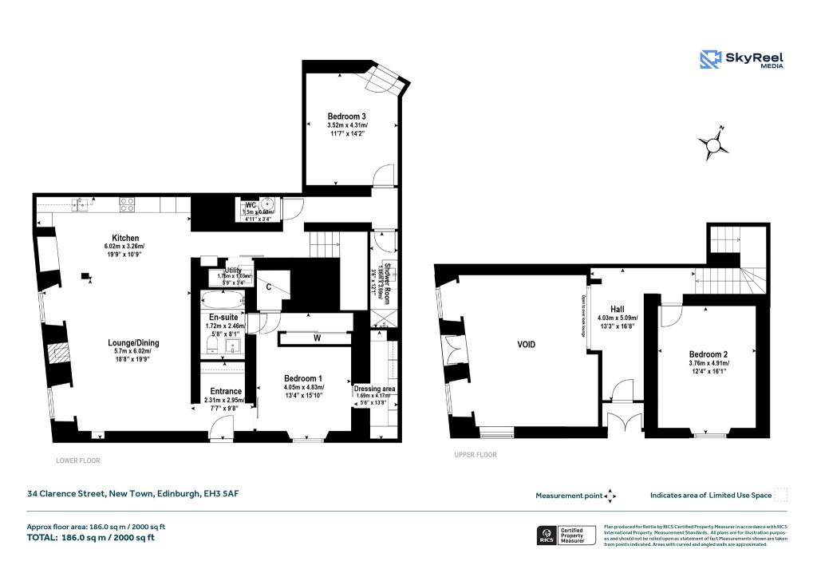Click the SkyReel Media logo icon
point(710,60)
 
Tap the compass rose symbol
point(712,144)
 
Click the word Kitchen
point(125,238)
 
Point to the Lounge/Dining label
point(134,343)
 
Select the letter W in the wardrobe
point(317,338)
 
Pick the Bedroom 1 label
point(303,378)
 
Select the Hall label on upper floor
point(618,309)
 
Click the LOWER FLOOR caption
point(78,460)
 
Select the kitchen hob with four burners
point(126,204)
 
